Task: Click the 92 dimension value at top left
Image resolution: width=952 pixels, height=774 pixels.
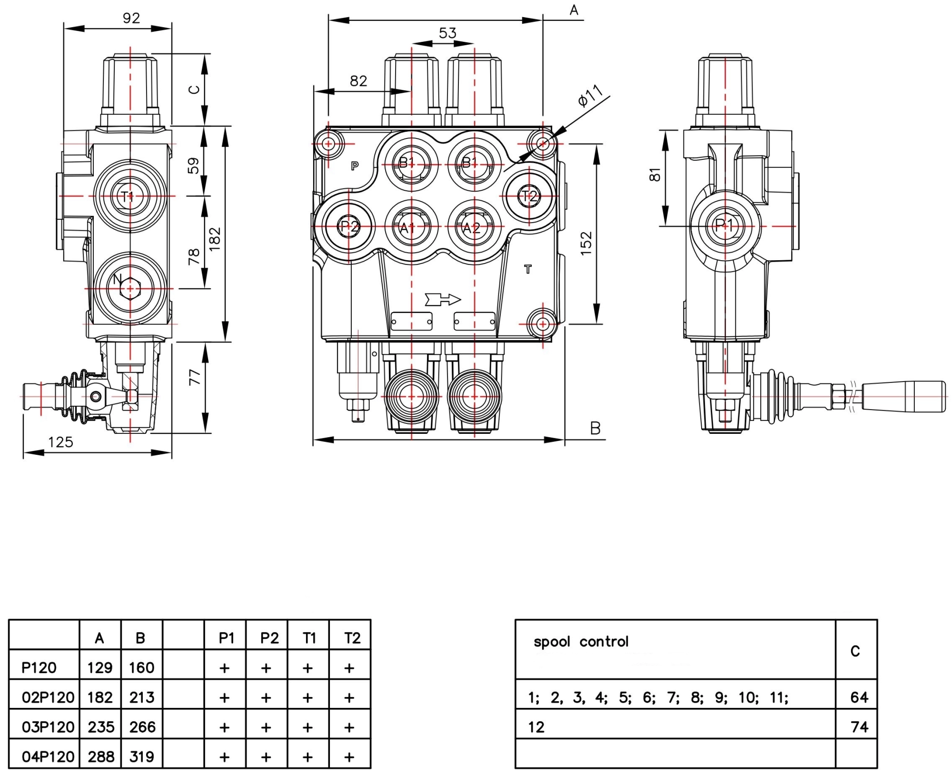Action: [x=131, y=18]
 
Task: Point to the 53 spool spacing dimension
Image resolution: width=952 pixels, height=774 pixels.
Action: [x=447, y=33]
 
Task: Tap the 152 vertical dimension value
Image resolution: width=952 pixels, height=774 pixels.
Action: [x=586, y=243]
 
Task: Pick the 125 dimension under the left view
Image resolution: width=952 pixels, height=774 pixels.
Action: [x=60, y=442]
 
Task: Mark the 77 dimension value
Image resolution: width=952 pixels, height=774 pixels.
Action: [x=195, y=377]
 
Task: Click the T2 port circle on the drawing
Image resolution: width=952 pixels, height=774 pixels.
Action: [x=529, y=196]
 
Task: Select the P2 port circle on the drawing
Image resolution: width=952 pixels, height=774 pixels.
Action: [x=349, y=226]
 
